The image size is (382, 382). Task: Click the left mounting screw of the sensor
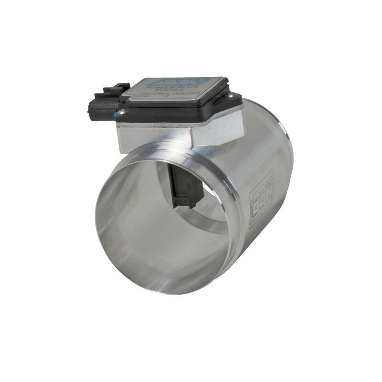[121, 112]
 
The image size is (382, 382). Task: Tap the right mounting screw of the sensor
[233, 95]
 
